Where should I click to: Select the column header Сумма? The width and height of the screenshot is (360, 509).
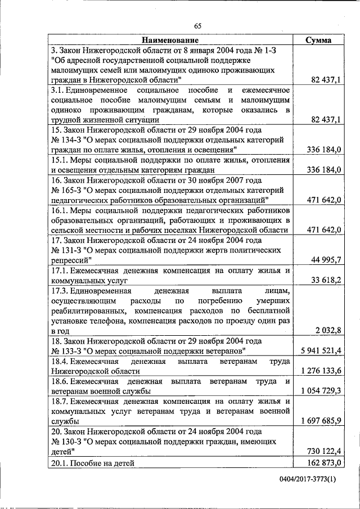pyautogui.click(x=318, y=40)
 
